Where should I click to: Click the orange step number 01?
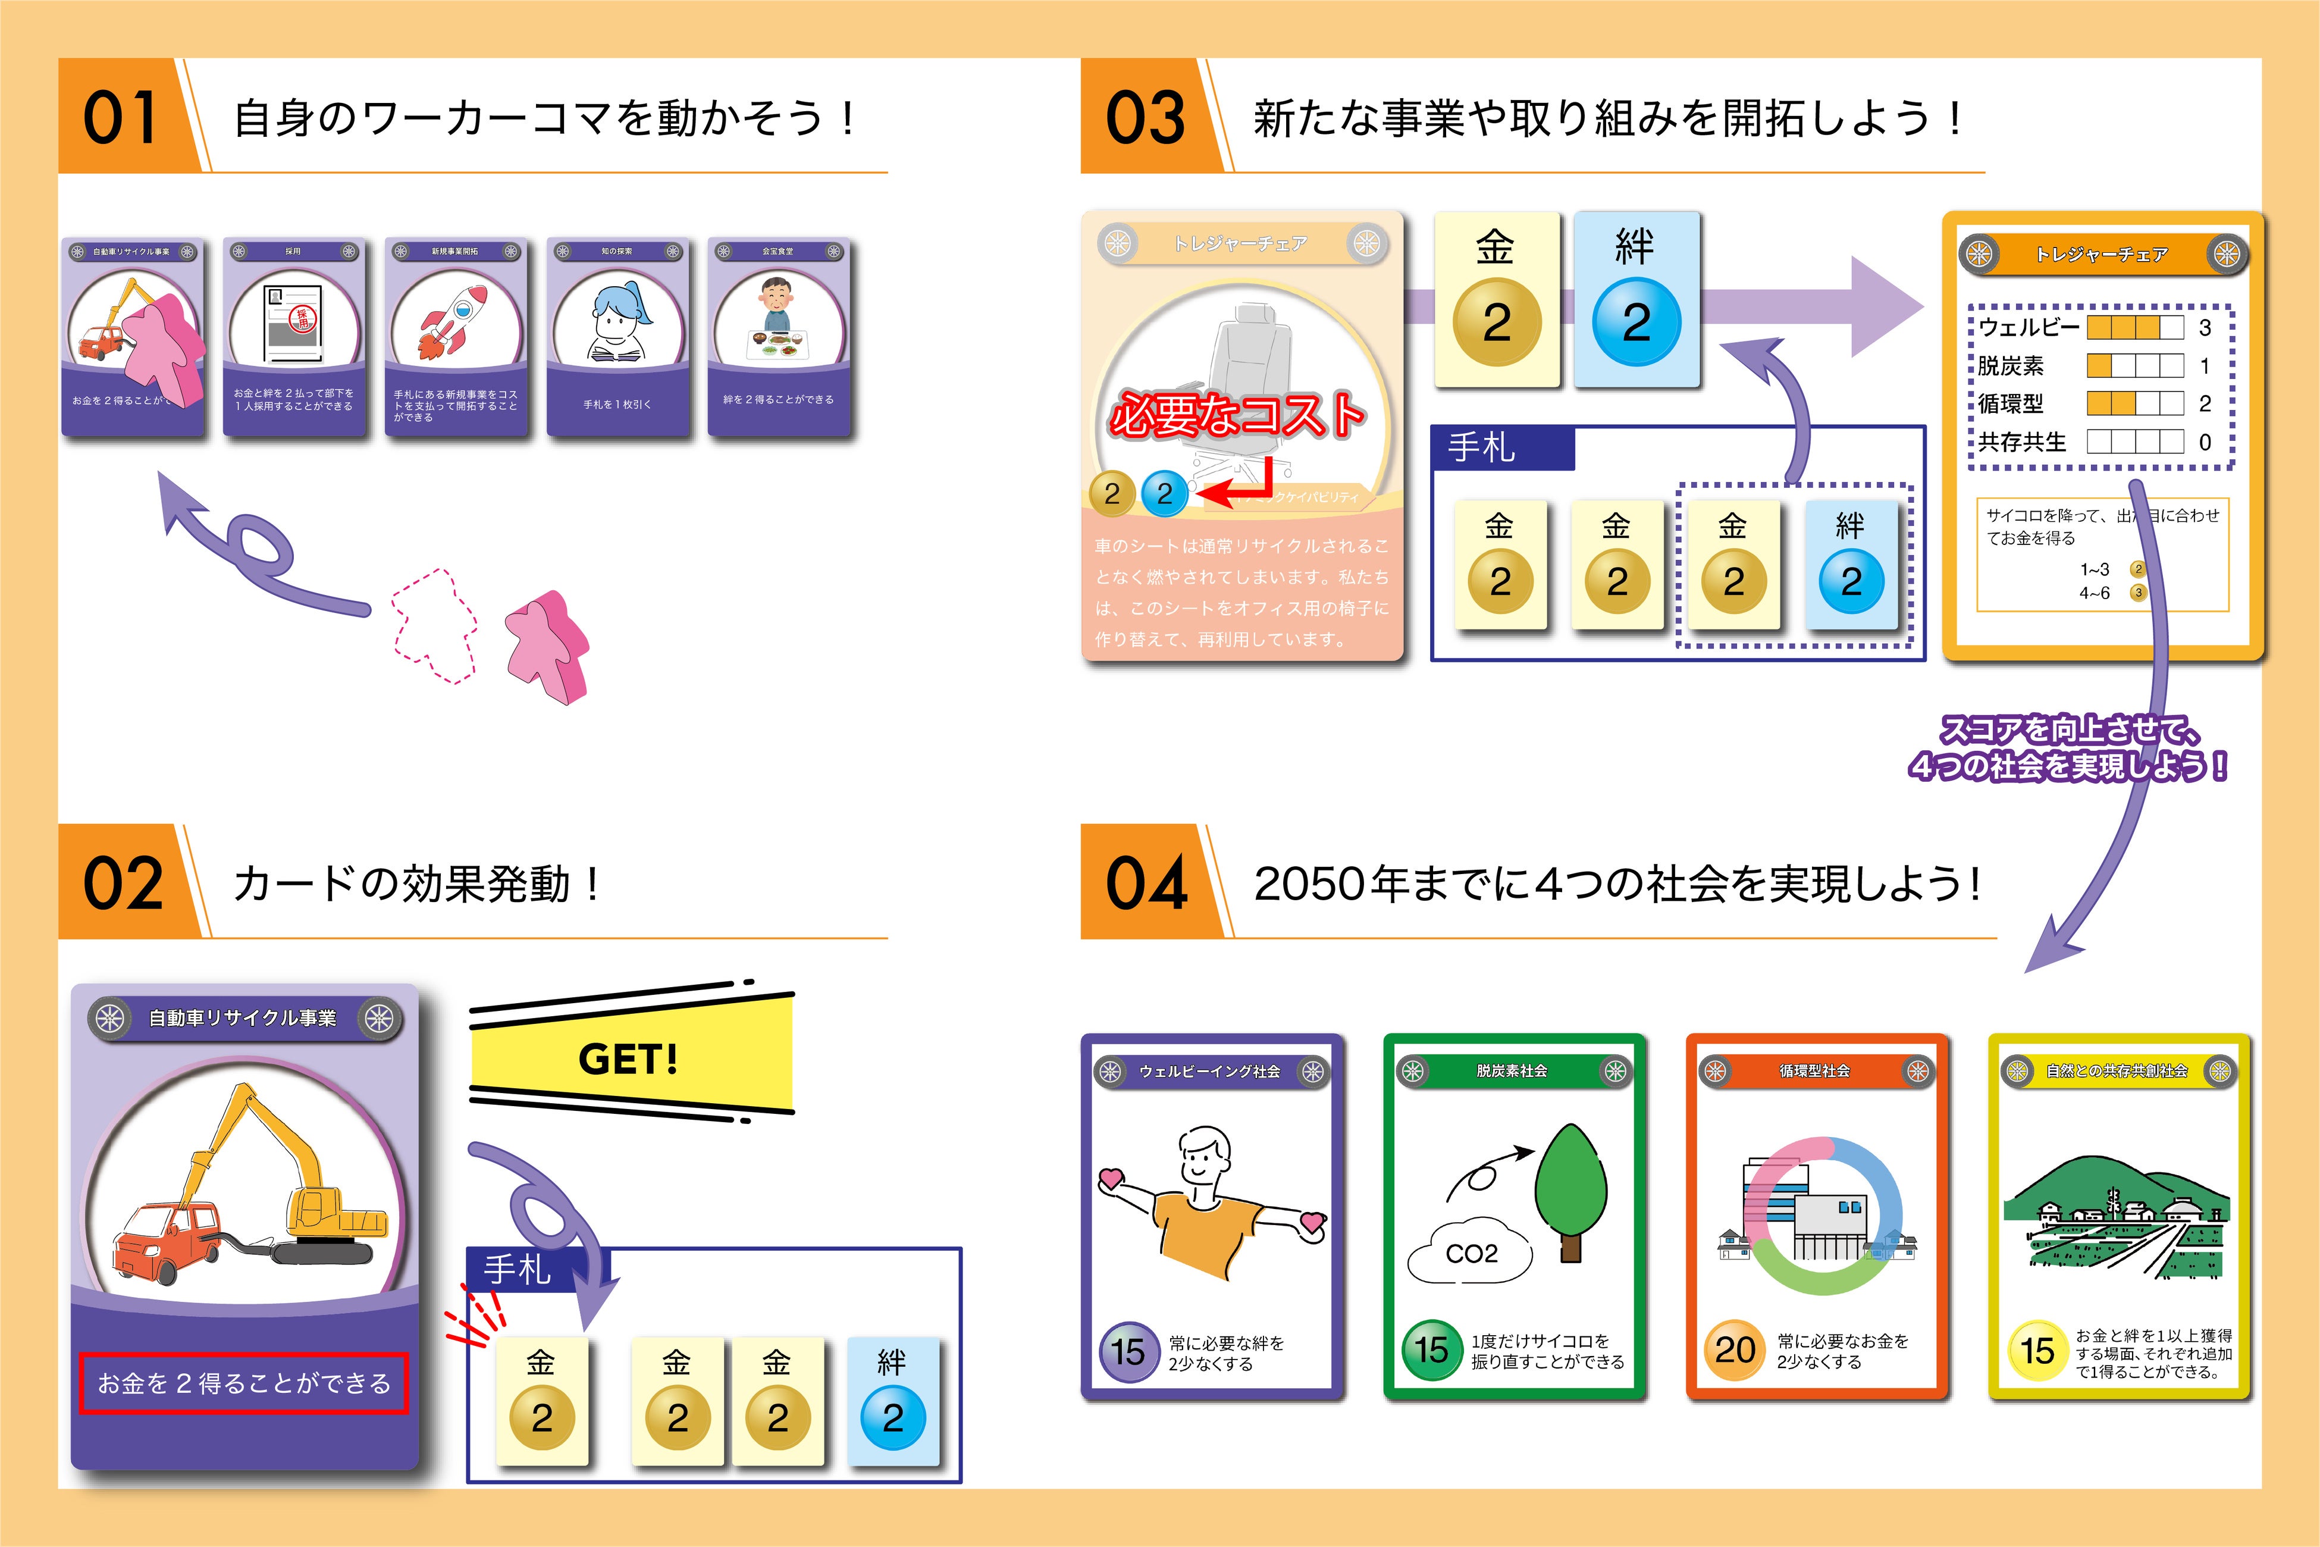pyautogui.click(x=120, y=117)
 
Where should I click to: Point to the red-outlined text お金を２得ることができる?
pyautogui.click(x=244, y=1383)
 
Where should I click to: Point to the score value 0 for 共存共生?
pyautogui.click(x=2205, y=442)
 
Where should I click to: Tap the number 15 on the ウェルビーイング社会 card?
pyautogui.click(x=1127, y=1351)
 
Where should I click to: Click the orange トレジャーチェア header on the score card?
pyautogui.click(x=2102, y=255)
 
